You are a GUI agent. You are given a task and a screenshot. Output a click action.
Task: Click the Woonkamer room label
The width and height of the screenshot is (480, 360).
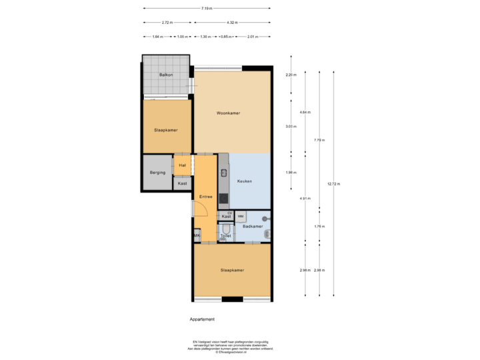228,113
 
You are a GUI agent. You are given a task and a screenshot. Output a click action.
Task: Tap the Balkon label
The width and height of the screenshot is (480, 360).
166,75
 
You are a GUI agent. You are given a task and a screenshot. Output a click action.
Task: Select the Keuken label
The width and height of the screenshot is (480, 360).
245,181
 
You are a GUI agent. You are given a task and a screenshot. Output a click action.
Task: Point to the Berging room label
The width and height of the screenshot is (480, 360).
157,173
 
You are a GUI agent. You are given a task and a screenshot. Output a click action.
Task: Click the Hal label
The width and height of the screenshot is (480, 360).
182,165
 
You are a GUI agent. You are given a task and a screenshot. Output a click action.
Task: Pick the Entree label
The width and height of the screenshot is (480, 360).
205,197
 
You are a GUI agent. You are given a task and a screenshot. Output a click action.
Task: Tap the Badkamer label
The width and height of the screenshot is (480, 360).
253,227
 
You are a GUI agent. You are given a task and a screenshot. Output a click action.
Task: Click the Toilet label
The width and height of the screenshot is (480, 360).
225,235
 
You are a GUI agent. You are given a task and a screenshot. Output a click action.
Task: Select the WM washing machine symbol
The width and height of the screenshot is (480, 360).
241,216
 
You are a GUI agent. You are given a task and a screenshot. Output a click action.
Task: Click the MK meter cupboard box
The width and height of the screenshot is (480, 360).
197,236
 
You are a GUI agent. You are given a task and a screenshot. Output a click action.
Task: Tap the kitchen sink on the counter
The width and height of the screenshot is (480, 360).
223,172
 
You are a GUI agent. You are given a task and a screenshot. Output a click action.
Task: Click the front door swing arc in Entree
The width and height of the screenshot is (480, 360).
200,208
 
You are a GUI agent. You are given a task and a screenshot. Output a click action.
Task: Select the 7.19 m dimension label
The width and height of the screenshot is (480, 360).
207,8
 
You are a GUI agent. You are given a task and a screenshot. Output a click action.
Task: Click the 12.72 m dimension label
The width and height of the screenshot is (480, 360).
333,183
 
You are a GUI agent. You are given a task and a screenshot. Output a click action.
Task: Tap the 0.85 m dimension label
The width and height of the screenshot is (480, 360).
226,36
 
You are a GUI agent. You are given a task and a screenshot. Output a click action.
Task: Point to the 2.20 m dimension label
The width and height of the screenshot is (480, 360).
291,75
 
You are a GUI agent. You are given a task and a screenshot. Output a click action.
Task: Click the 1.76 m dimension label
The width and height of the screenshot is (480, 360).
319,227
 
